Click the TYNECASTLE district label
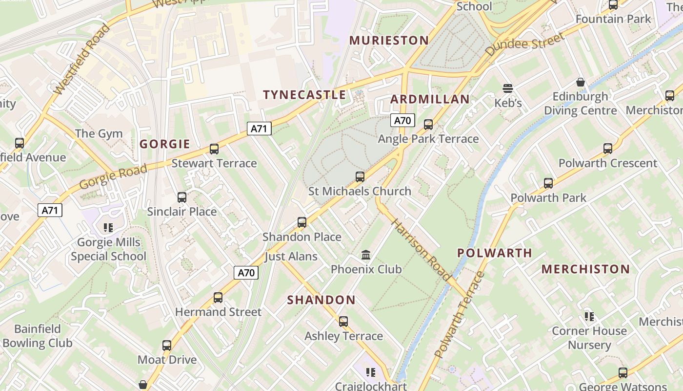[304, 95]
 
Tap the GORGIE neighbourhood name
[165, 144]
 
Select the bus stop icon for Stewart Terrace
[214, 149]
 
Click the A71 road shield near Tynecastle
[259, 129]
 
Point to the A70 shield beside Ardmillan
[402, 120]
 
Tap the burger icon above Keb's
[508, 88]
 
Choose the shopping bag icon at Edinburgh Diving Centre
[581, 82]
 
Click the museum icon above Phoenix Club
[366, 255]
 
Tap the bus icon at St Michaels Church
[360, 176]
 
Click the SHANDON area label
[321, 300]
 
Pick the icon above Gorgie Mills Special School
[108, 227]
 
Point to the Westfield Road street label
[82, 59]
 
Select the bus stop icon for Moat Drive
[167, 346]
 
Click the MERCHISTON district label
[585, 269]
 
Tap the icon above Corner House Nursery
[589, 316]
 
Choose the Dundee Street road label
[525, 44]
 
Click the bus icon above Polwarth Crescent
[607, 148]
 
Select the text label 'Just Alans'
[291, 256]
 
